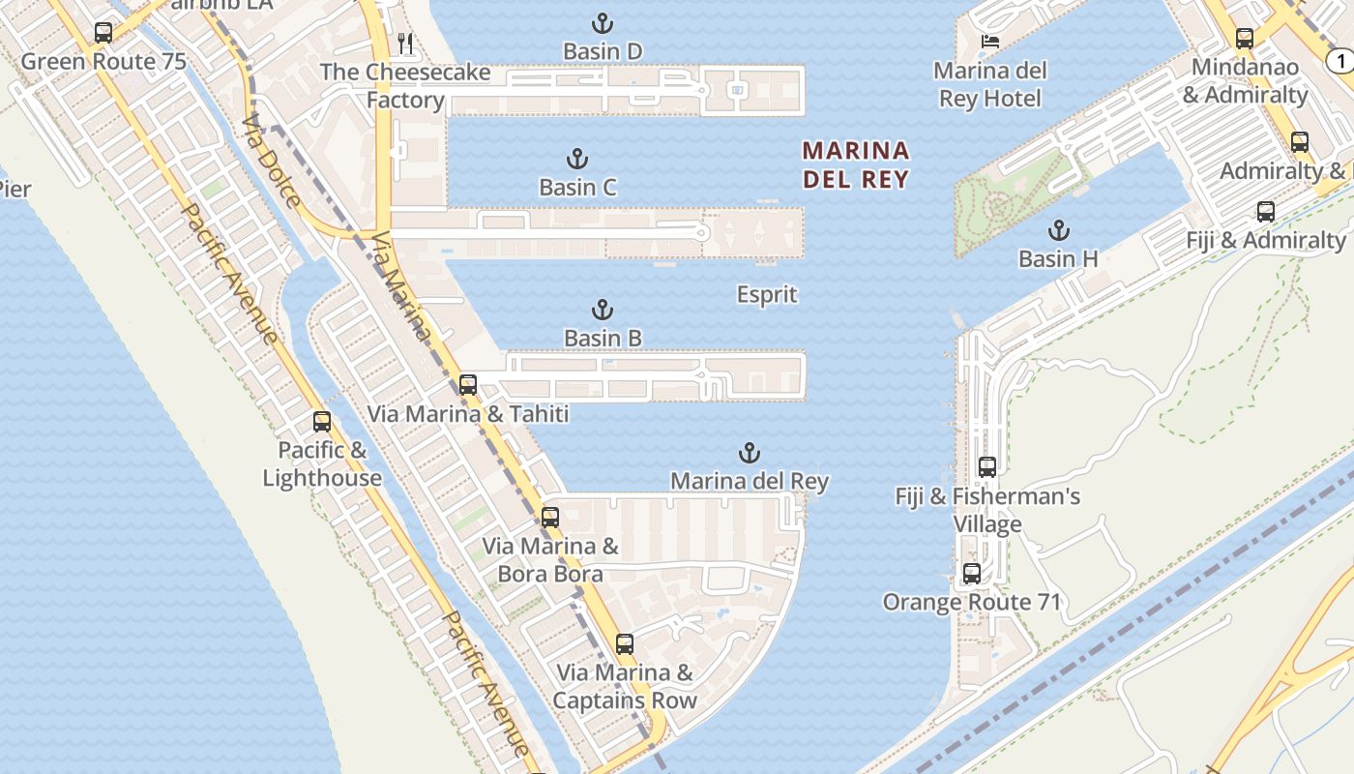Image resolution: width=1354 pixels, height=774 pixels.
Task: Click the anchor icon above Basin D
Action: [603, 23]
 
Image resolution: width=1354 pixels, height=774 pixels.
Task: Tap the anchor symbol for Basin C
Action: [577, 159]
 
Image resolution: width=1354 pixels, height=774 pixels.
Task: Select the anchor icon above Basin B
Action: [603, 310]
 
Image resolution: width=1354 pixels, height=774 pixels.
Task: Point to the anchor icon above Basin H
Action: [1060, 230]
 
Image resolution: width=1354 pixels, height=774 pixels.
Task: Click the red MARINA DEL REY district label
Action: [856, 164]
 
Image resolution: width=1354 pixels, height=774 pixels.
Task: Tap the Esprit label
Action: [767, 294]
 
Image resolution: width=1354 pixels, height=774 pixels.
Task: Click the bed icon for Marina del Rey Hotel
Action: [990, 41]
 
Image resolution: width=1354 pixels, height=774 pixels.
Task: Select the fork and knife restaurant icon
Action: [406, 43]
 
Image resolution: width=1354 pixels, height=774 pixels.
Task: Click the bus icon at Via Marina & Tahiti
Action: [468, 384]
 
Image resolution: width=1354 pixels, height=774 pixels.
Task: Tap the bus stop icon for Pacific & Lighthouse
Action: [322, 422]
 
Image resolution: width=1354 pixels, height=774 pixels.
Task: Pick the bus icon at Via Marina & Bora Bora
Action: [550, 517]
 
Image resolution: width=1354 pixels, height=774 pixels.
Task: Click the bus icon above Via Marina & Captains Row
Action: [625, 643]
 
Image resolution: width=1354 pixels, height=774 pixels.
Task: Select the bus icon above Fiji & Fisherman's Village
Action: [987, 466]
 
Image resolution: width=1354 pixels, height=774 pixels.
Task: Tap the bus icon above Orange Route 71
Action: [972, 573]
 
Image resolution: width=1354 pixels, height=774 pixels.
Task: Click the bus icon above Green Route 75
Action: [103, 33]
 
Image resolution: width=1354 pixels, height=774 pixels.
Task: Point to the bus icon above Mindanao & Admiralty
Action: [1245, 39]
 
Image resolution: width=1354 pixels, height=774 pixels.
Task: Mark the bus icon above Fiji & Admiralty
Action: [1266, 211]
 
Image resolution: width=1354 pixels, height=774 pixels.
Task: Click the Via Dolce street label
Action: [272, 163]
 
